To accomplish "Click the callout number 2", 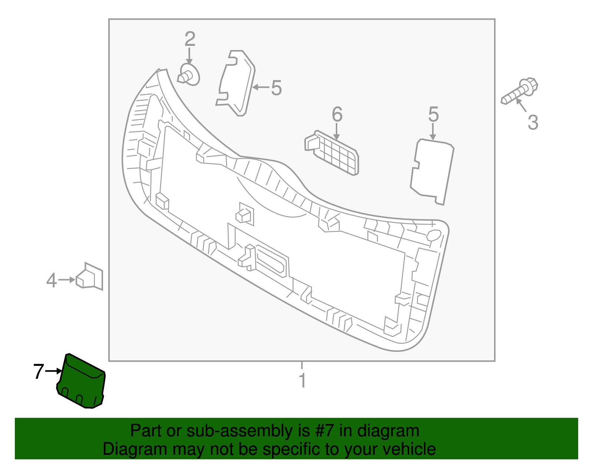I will click(190, 39).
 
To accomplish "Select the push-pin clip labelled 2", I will click(189, 75).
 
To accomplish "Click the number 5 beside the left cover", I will click(276, 88).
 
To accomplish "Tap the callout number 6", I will click(337, 115).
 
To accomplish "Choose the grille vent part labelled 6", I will click(332, 152).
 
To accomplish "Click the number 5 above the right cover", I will click(433, 115).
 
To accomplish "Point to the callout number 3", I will click(533, 123).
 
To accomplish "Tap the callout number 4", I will click(52, 281).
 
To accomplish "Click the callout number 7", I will click(39, 371).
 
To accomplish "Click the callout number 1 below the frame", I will click(302, 381).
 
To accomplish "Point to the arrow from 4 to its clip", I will click(67, 280).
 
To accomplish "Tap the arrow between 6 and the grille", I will click(337, 131).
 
